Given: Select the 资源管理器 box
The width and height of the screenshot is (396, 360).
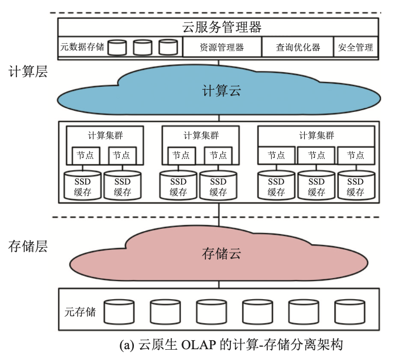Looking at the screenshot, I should [x=222, y=48].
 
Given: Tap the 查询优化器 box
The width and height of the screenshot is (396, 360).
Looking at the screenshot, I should [x=298, y=48].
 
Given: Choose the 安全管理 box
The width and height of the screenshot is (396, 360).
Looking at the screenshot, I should [x=356, y=48].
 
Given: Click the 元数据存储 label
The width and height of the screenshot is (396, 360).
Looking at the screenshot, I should [x=82, y=48].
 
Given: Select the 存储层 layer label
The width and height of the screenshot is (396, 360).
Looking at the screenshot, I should [x=27, y=246].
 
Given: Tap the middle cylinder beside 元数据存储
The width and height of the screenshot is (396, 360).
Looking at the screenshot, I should [x=143, y=47].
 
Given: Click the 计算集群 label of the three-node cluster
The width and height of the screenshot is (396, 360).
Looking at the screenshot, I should [x=317, y=136].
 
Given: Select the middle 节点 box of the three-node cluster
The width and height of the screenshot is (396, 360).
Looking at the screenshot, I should [x=317, y=155].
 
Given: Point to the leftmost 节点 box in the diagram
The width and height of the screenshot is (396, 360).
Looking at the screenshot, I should [x=86, y=155].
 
